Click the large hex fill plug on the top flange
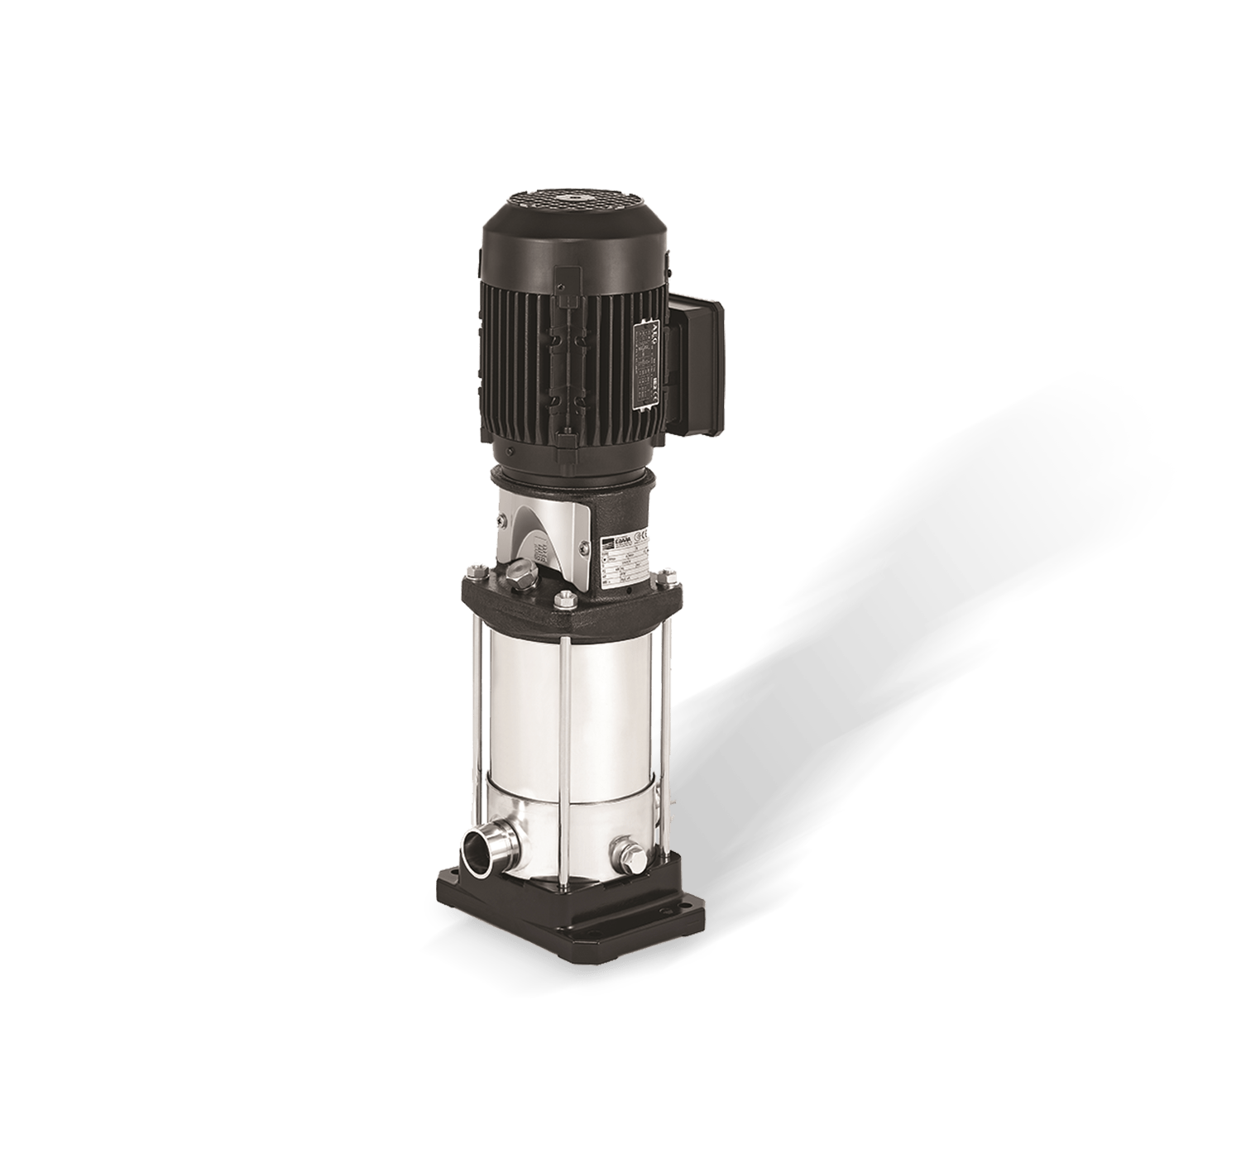[x=522, y=573]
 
